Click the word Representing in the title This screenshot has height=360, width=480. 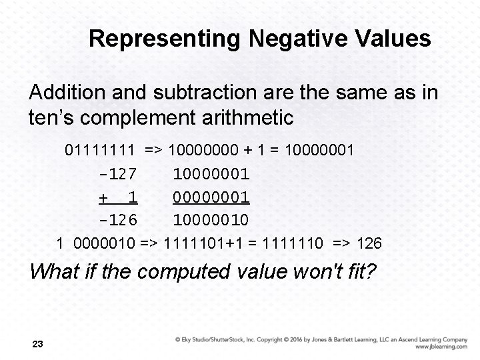pyautogui.click(x=164, y=39)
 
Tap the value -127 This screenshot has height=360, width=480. pyautogui.click(x=117, y=174)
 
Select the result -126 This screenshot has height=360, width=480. pyautogui.click(x=117, y=219)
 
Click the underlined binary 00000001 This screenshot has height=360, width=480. pyautogui.click(x=211, y=197)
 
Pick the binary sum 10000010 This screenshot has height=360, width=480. pyautogui.click(x=211, y=219)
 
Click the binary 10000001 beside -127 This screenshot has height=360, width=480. pyautogui.click(x=211, y=174)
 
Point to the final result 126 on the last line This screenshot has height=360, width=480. pyautogui.click(x=369, y=243)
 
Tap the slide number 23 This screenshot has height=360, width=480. pyautogui.click(x=37, y=344)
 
